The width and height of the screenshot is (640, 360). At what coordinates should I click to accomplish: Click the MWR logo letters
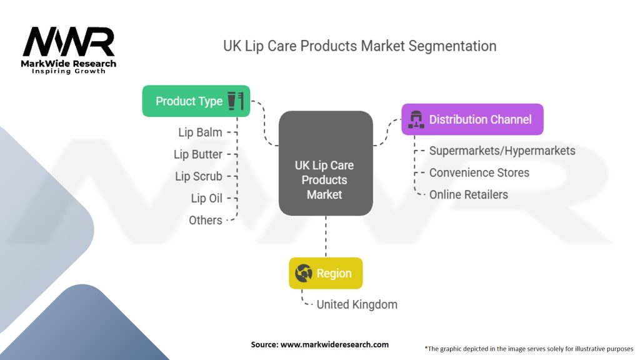click(69, 42)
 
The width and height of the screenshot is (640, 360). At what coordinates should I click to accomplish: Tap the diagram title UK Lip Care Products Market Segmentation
click(360, 46)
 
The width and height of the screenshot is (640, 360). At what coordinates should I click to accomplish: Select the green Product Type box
click(196, 101)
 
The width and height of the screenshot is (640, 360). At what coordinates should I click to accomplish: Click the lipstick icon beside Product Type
click(236, 101)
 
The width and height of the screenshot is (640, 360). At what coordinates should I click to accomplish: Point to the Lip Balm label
click(200, 132)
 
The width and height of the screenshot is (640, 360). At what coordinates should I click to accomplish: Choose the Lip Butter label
click(198, 154)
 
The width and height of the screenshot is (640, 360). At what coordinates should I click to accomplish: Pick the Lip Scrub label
click(199, 176)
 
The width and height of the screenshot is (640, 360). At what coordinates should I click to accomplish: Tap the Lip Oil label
click(206, 198)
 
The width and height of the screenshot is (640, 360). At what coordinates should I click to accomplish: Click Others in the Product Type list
click(205, 220)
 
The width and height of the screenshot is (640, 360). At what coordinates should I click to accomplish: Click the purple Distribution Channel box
click(472, 119)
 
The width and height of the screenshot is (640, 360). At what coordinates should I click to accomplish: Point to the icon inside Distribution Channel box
click(416, 119)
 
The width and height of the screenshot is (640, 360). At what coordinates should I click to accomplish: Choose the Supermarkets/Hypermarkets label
click(502, 151)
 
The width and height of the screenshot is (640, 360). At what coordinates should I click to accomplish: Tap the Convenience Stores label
click(479, 172)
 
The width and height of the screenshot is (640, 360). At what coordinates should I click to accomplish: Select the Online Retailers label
click(468, 194)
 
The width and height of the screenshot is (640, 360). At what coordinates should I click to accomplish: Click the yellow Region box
click(326, 273)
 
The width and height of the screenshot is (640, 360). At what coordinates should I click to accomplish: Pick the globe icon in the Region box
click(304, 273)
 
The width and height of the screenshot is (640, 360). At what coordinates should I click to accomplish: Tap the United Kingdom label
click(357, 304)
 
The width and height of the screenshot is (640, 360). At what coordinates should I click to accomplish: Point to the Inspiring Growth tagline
click(69, 71)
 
